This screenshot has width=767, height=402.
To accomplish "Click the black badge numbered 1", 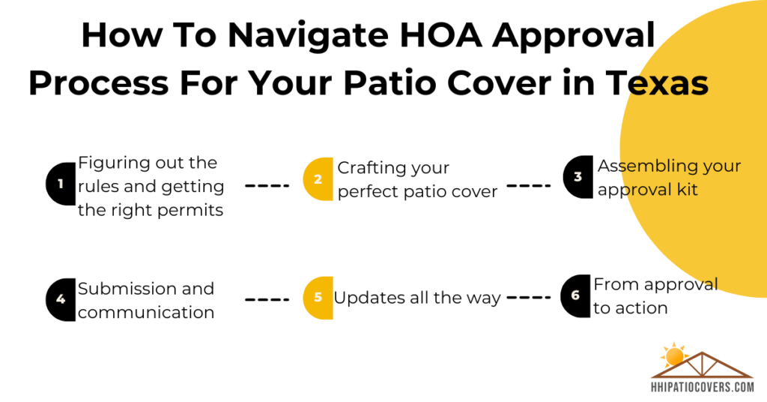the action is pyautogui.click(x=61, y=184).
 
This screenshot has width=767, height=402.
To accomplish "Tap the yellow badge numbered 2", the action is pyautogui.click(x=318, y=178).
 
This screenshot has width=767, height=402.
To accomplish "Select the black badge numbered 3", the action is pyautogui.click(x=578, y=177).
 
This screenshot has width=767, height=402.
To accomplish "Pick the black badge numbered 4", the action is pyautogui.click(x=61, y=299).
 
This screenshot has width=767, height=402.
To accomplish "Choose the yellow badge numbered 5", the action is pyautogui.click(x=318, y=298).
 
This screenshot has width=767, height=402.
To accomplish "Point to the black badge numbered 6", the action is pyautogui.click(x=576, y=295).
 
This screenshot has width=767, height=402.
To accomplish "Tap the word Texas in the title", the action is pyautogui.click(x=658, y=82).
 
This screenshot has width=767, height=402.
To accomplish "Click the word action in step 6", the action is pyautogui.click(x=643, y=308).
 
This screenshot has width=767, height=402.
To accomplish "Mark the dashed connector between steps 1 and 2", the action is pyautogui.click(x=267, y=185).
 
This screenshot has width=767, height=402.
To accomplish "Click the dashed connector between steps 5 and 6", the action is pyautogui.click(x=529, y=297).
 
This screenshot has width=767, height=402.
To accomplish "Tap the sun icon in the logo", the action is pyautogui.click(x=675, y=355).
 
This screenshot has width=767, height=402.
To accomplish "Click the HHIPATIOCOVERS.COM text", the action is pyautogui.click(x=703, y=387).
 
